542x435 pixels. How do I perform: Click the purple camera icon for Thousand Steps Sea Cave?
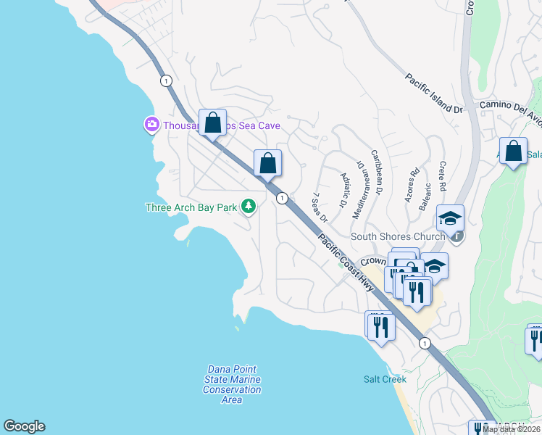click(x=151, y=125)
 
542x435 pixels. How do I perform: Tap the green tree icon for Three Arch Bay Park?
click(x=249, y=207)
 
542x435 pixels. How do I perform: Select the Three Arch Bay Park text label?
click(x=191, y=208)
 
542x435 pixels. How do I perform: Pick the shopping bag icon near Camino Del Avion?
click(x=513, y=152)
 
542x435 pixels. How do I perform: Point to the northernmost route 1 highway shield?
click(x=167, y=80)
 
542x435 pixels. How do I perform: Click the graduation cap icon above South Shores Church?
click(x=450, y=217)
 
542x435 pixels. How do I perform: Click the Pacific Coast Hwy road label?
click(x=344, y=258)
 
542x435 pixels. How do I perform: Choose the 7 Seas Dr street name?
click(x=320, y=207)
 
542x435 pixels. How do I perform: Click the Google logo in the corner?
click(x=24, y=426)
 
